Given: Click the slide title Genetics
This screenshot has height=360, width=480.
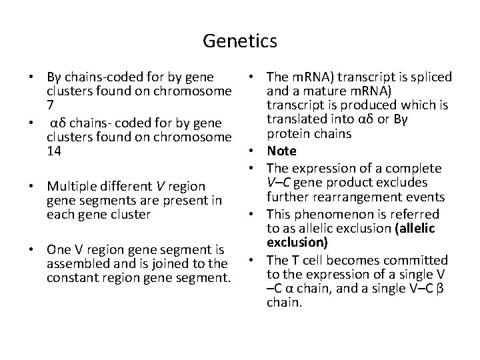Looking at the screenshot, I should tap(240, 42).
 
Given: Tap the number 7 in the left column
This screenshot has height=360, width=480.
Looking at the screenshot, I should tap(50, 105).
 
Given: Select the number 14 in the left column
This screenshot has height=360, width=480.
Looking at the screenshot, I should tap(54, 151).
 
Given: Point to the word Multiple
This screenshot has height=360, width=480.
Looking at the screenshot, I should tap(68, 186).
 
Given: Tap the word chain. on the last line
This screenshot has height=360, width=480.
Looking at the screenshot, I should tap(284, 303).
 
